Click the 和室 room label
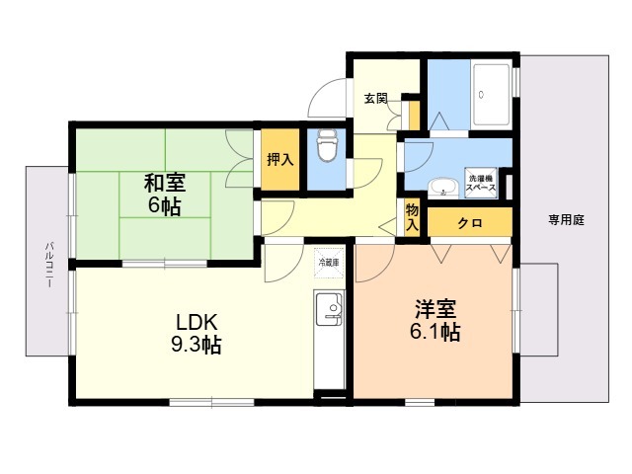[164, 183]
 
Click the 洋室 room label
[434, 308]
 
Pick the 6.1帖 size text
[434, 332]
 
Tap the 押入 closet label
[277, 159]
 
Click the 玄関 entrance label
[375, 99]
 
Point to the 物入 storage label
[412, 216]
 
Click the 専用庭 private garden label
[566, 220]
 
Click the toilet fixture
[327, 149]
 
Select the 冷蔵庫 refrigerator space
[328, 263]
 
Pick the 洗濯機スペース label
[481, 180]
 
